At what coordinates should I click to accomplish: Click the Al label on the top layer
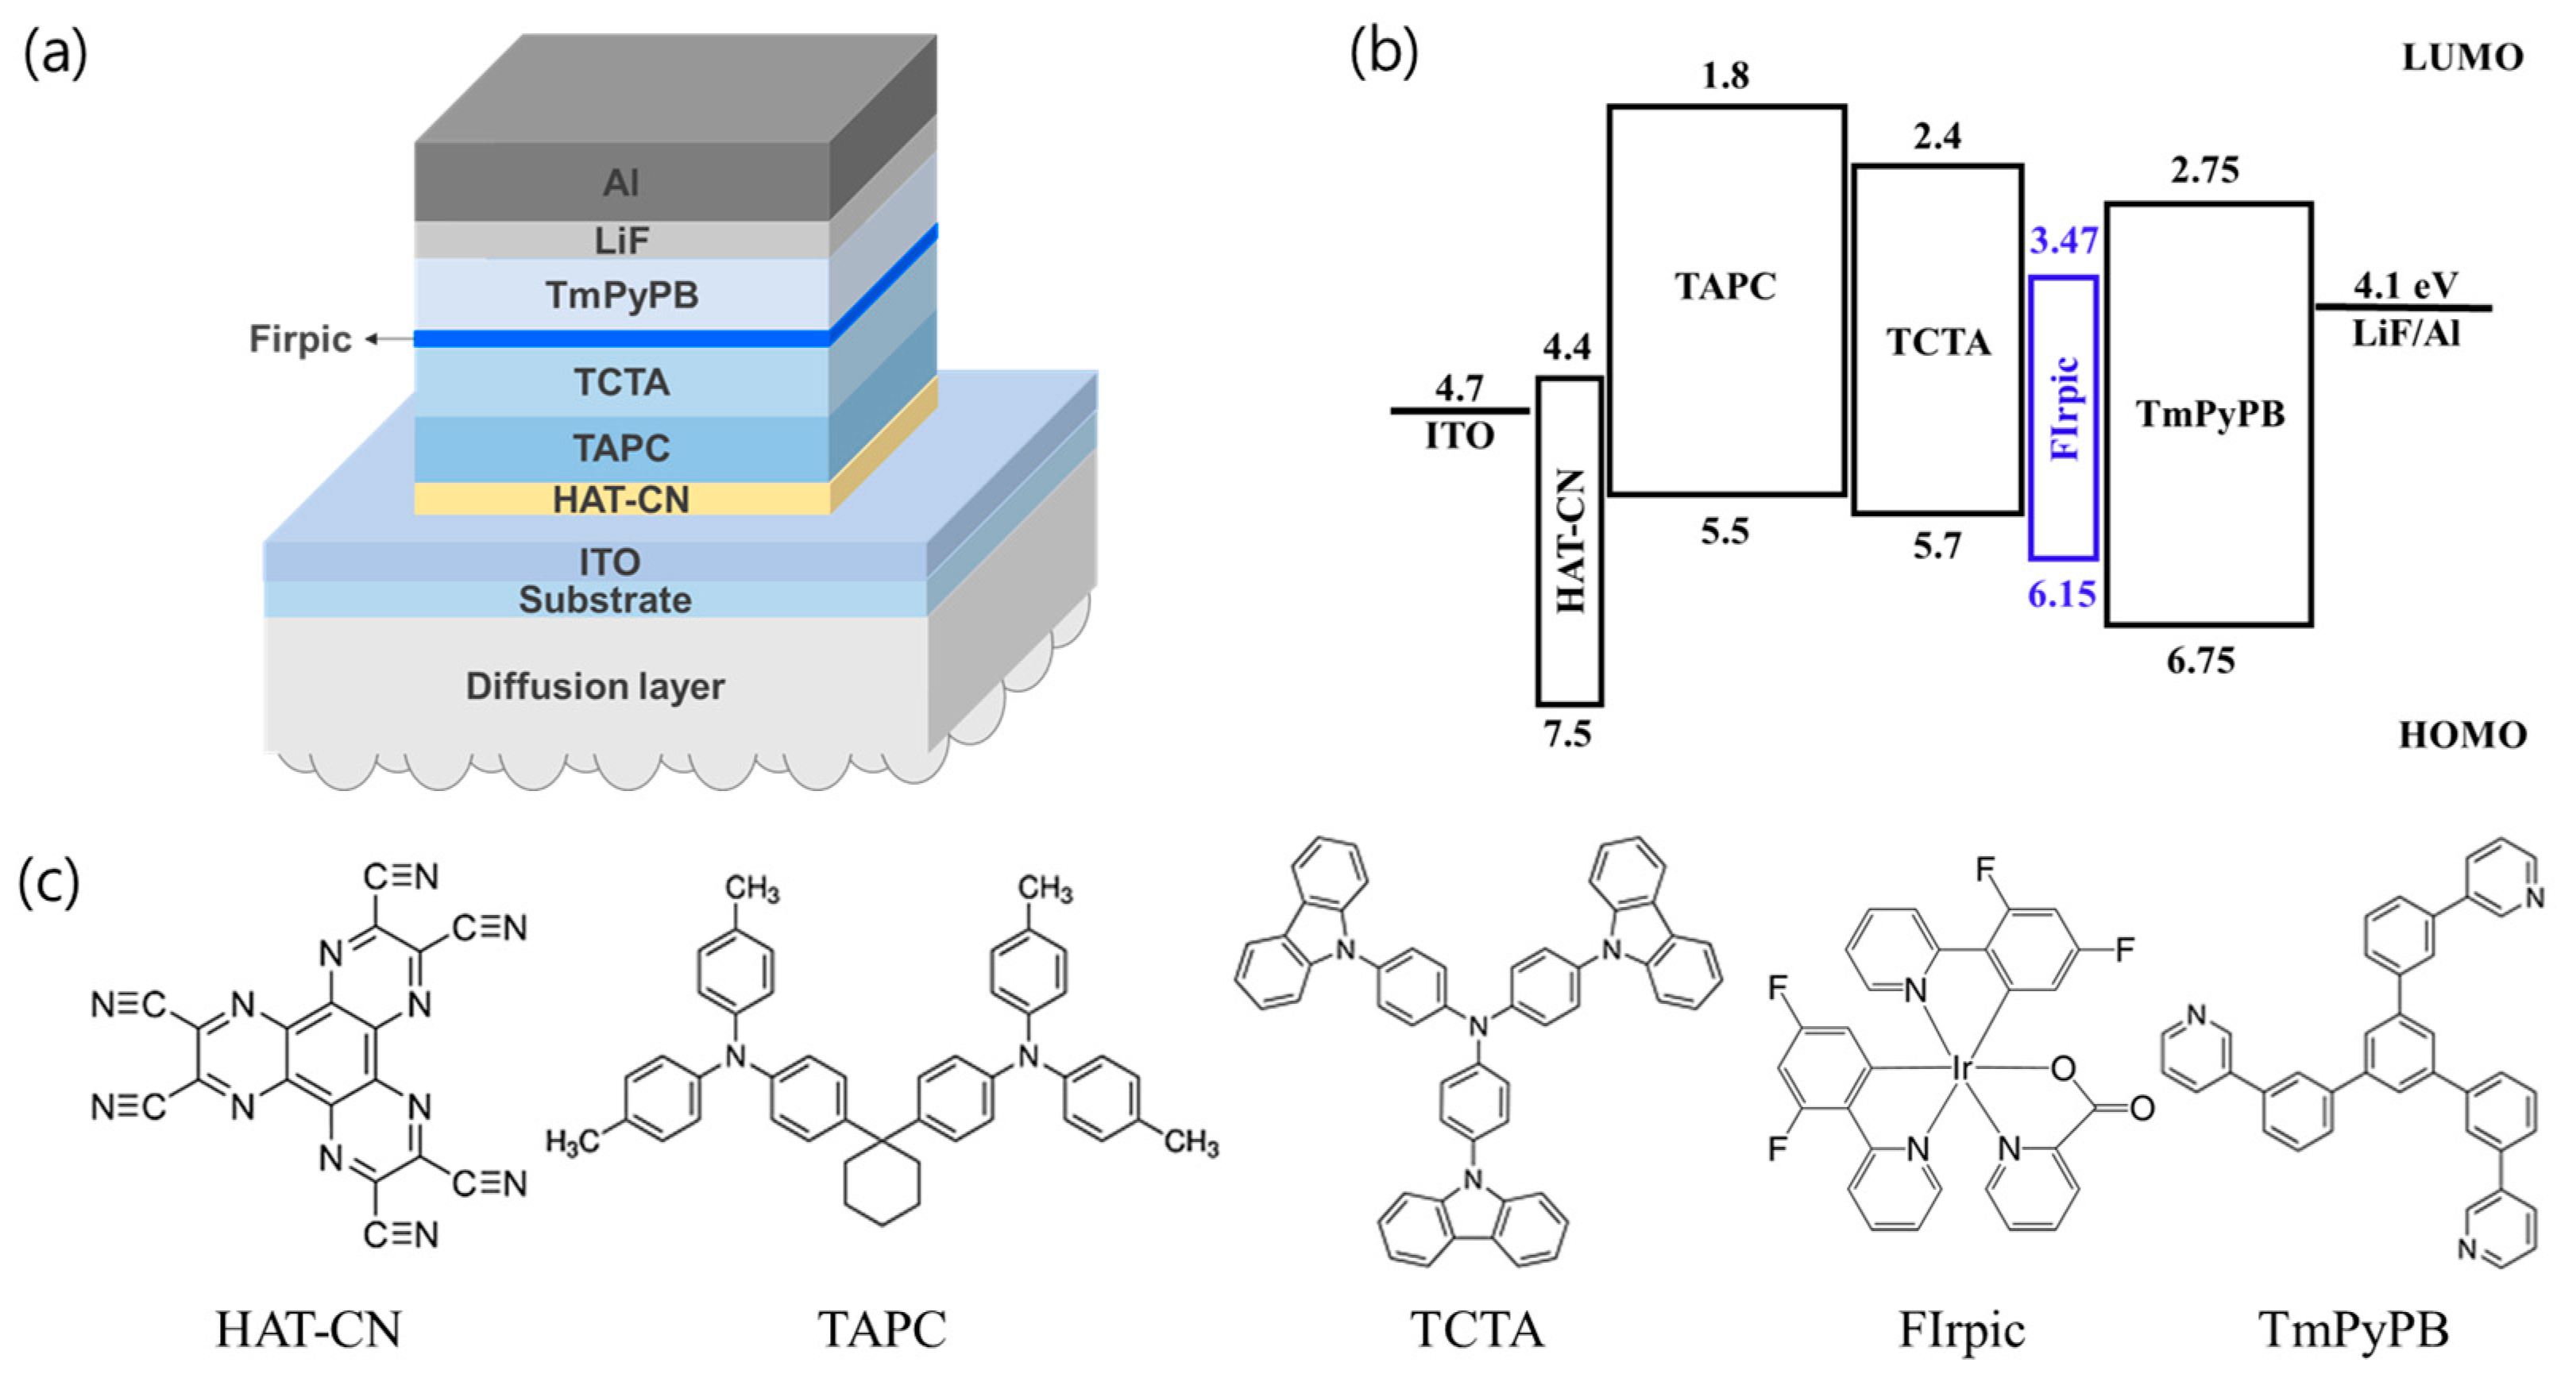[621, 183]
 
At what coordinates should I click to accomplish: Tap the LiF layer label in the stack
[621, 240]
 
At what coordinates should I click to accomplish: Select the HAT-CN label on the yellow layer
[621, 500]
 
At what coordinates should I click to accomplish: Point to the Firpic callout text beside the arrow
[299, 340]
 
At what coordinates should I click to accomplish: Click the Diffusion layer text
[596, 686]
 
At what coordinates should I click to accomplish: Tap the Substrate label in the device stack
[604, 600]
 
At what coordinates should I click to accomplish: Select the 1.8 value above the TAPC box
[1725, 75]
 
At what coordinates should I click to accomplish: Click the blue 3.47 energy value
[2063, 240]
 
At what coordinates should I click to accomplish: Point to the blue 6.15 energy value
[2061, 594]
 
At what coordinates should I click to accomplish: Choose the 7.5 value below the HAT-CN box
[1566, 734]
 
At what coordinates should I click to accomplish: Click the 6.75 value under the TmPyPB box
[2200, 660]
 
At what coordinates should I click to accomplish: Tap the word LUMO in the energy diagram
[2462, 57]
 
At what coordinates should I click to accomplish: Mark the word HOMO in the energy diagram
[2462, 735]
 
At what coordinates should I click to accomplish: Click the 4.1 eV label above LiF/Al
[2405, 286]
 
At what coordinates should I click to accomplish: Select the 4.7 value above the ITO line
[1458, 388]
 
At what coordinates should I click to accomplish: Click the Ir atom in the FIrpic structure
[1961, 1068]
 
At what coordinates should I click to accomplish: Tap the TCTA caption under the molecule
[1477, 1330]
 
